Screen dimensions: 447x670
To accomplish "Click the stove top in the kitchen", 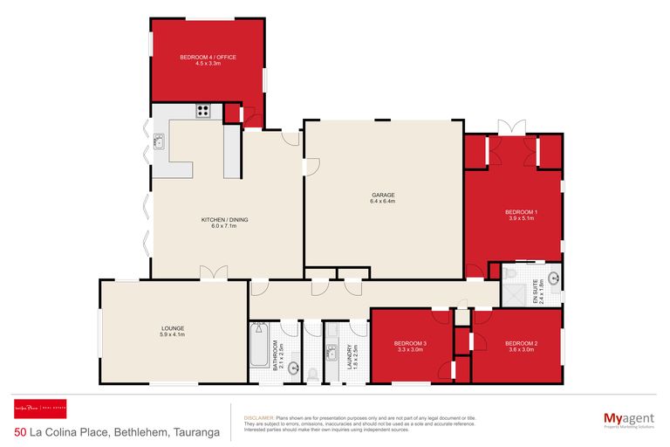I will pos(203,111).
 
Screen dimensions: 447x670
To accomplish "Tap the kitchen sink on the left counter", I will pos(159,141).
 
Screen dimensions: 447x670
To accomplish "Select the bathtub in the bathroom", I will pos(258,346).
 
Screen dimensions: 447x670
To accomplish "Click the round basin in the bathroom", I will pos(294,368).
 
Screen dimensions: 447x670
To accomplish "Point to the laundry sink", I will pos(332,354).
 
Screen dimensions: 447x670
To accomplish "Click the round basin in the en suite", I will pos(553,280).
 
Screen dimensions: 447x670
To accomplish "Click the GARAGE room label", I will pos(383,195).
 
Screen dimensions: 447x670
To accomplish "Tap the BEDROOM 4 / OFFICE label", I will pos(208,58).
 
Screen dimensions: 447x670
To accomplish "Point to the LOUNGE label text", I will pos(172,328).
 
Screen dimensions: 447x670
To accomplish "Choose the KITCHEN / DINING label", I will pos(226,220).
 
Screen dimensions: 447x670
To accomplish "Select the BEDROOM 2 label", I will pos(521,343).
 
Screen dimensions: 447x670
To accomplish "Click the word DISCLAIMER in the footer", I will pos(259,418).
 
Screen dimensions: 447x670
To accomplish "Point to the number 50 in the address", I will pos(20,432).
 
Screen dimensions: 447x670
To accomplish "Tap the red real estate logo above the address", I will pos(40,409).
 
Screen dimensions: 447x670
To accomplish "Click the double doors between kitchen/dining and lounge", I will pos(213,275).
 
